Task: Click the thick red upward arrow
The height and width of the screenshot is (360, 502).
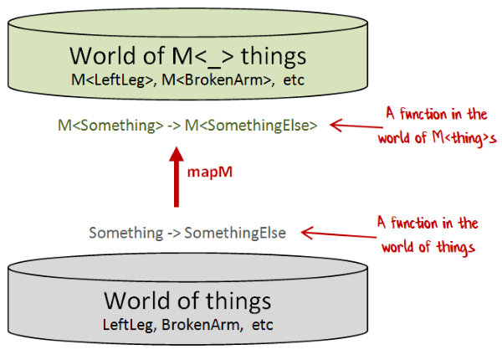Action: point(176,178)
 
